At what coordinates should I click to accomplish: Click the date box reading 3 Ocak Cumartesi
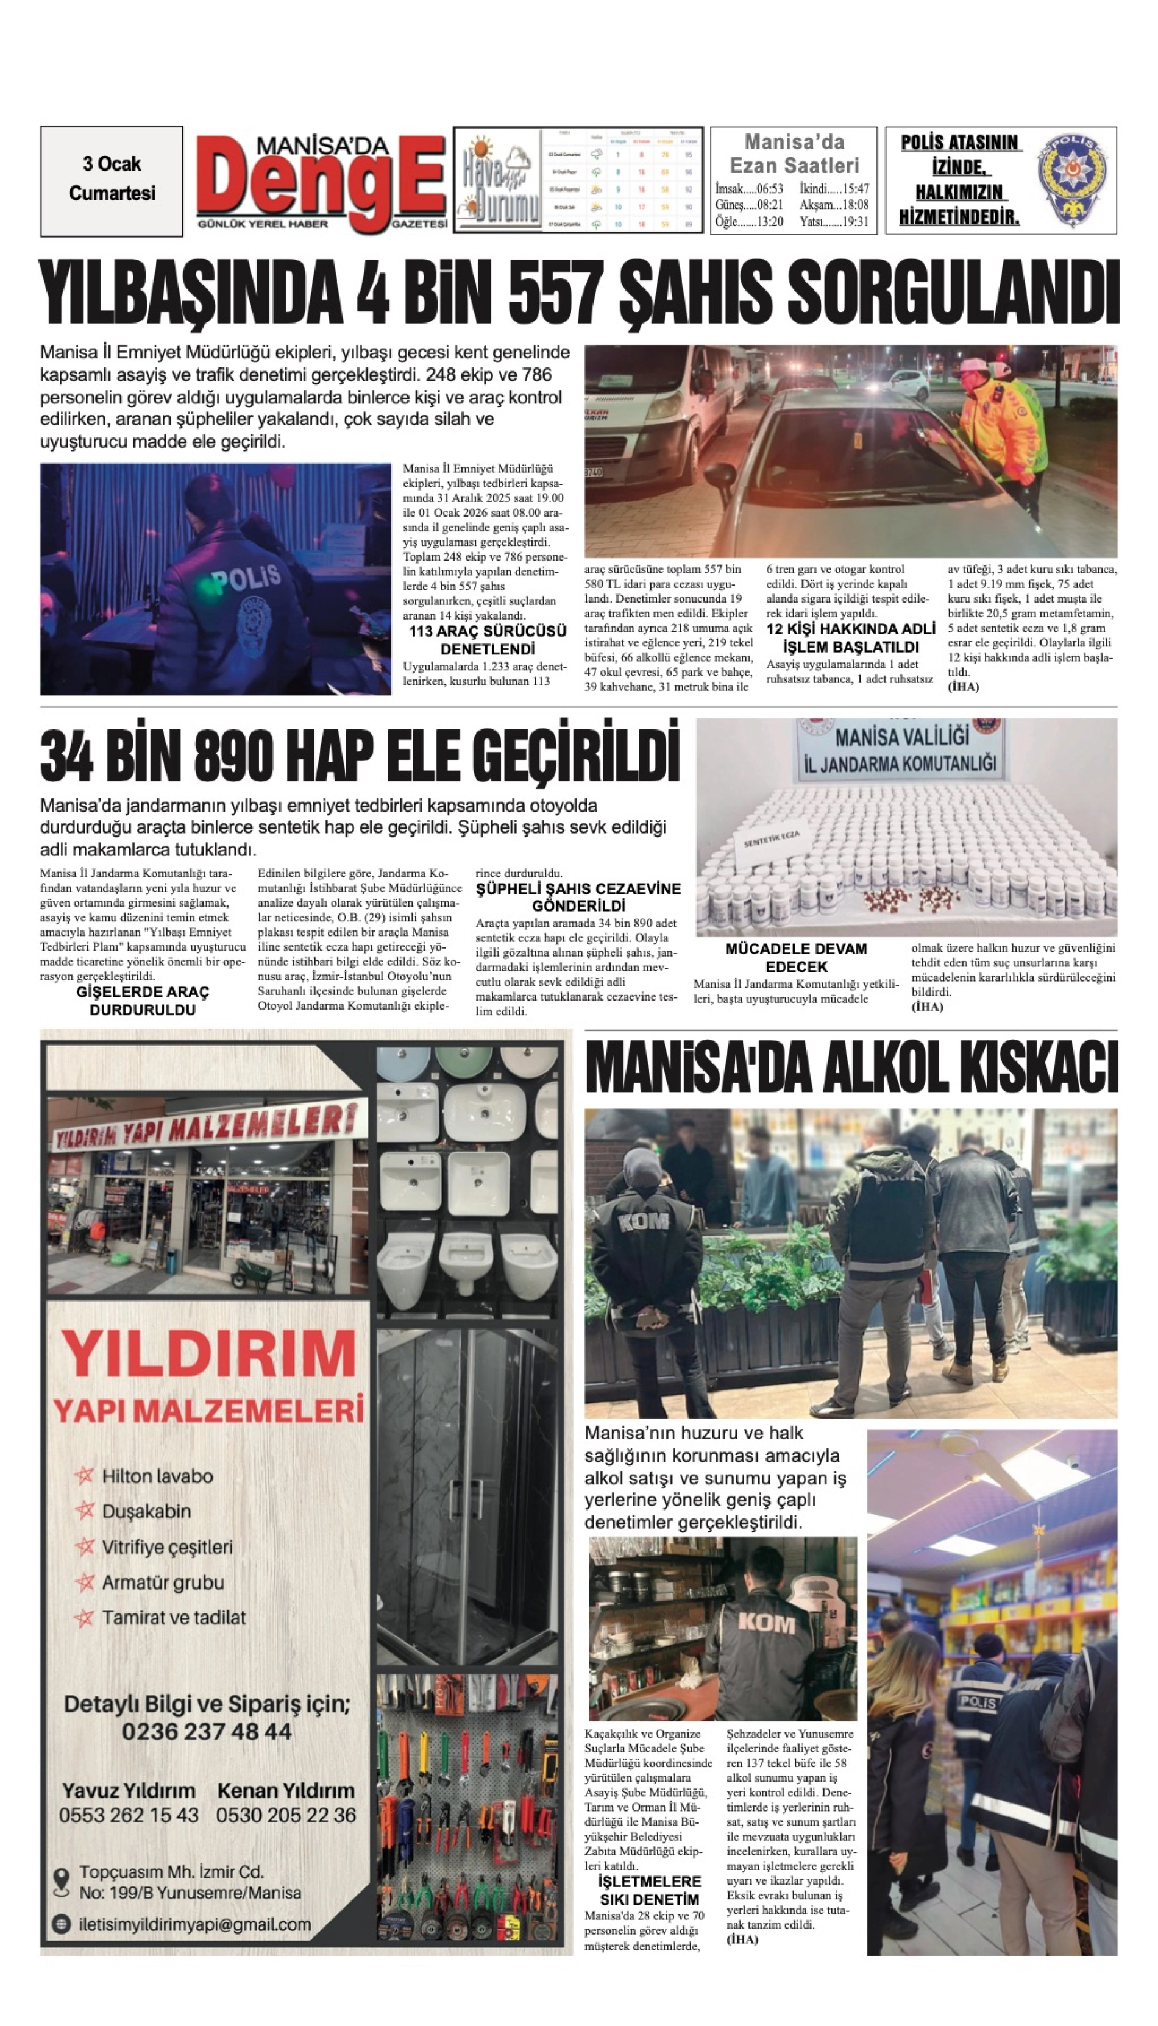tap(112, 180)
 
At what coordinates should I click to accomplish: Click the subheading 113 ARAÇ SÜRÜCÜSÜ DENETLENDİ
tap(488, 640)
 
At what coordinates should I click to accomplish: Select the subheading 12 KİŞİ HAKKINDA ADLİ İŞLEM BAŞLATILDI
tap(851, 638)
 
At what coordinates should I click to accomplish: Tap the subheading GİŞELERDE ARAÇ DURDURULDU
tap(143, 1001)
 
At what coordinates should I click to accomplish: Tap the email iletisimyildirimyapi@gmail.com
tap(195, 1924)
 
